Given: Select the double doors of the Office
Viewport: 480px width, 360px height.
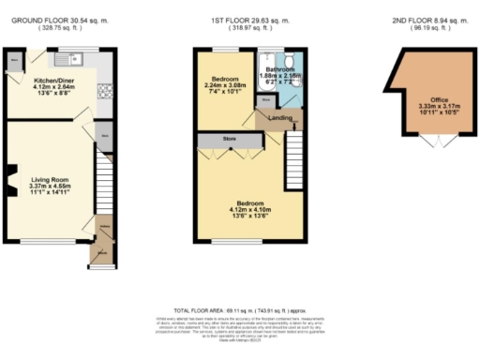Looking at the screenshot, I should (429, 141).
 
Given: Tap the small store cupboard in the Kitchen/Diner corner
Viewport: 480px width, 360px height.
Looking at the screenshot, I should (13, 62).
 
